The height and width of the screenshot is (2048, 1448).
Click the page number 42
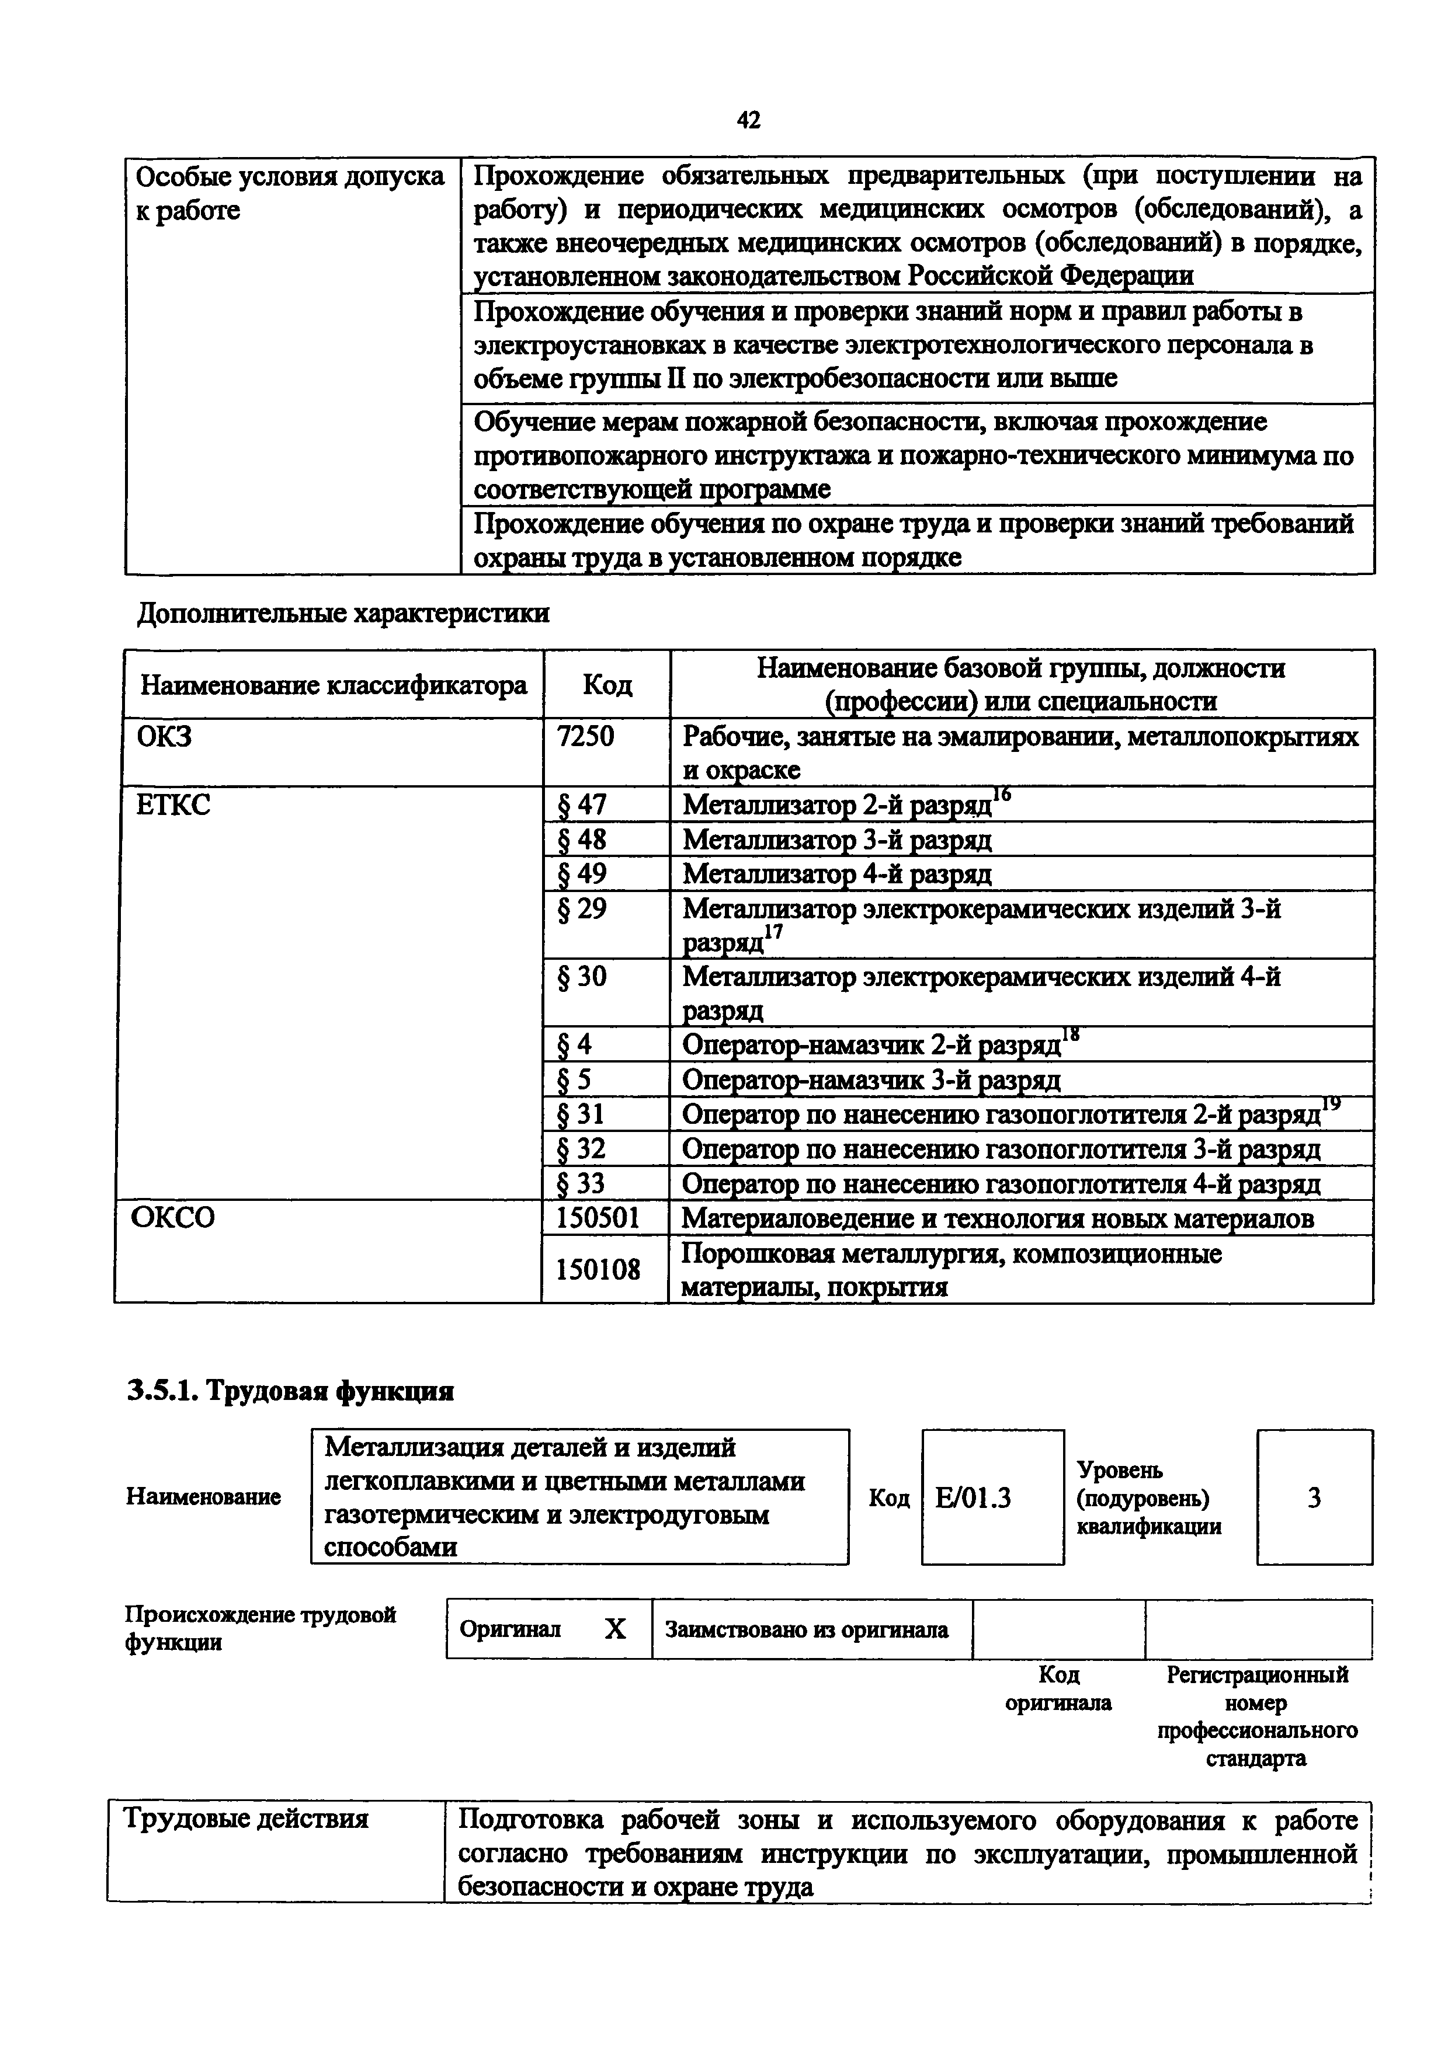pyautogui.click(x=749, y=120)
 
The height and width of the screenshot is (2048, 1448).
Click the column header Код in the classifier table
pyautogui.click(x=607, y=685)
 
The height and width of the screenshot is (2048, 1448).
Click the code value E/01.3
pyautogui.click(x=973, y=1499)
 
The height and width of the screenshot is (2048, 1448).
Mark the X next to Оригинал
pyautogui.click(x=614, y=1629)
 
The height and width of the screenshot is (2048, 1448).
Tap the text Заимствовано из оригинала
pyautogui.click(x=805, y=1629)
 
